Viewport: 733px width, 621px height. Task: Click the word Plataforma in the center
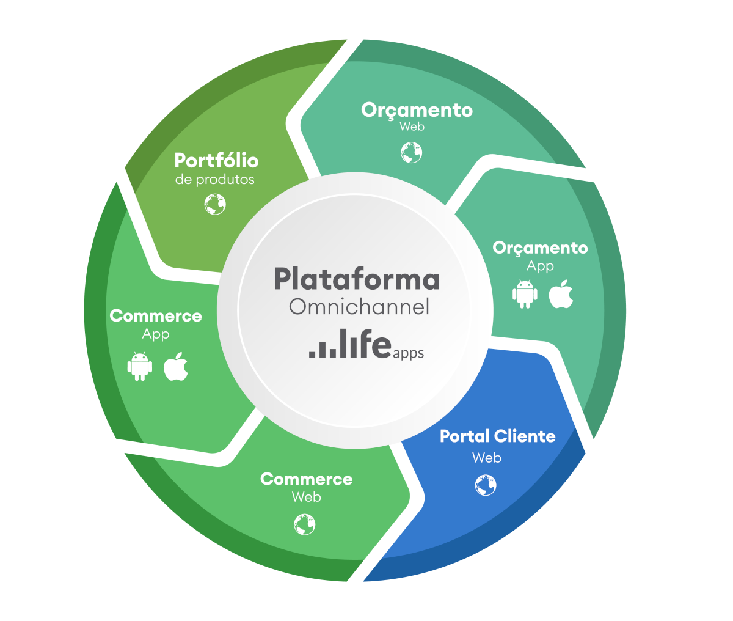click(357, 279)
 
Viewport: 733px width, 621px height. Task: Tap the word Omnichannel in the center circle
click(359, 307)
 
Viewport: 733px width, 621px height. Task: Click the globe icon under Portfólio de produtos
click(215, 204)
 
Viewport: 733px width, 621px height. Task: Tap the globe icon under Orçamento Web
click(412, 152)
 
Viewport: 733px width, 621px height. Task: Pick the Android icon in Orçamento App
click(525, 294)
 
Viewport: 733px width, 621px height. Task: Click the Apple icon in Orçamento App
click(561, 294)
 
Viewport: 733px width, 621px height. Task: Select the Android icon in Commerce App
click(140, 366)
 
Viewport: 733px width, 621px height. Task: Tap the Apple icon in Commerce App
click(176, 366)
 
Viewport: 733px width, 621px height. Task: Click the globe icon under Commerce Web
click(305, 524)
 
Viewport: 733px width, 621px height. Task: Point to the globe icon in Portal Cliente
click(486, 485)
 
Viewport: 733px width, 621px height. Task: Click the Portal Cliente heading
click(498, 436)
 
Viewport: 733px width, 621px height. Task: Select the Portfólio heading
click(216, 161)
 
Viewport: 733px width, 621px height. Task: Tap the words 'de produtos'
click(215, 180)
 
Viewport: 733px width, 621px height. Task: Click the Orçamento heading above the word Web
click(417, 110)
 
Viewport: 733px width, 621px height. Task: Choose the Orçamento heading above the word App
click(540, 248)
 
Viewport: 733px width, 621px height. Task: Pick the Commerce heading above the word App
click(156, 316)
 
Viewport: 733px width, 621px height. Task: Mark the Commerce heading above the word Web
click(306, 479)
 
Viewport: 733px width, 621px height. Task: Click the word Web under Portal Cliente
click(487, 458)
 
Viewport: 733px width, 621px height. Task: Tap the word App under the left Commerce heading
click(156, 334)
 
